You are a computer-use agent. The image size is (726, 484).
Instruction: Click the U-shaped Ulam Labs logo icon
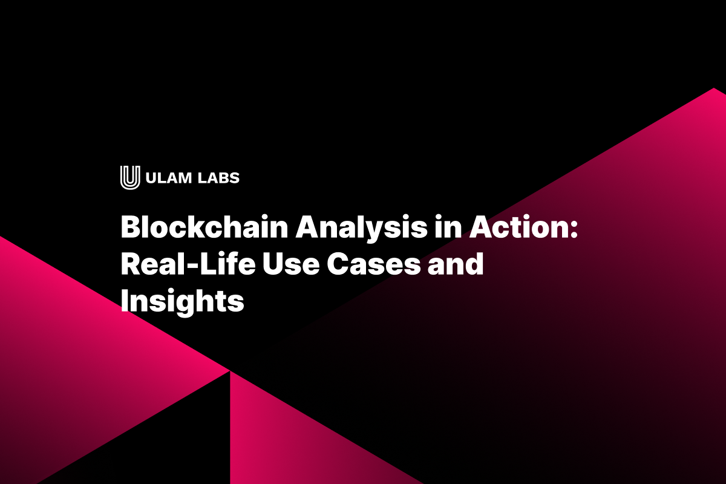coord(129,177)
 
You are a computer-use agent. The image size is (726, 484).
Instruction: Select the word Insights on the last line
coord(182,300)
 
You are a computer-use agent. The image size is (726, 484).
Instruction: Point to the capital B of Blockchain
coord(131,229)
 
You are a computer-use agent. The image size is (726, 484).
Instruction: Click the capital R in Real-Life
coord(131,264)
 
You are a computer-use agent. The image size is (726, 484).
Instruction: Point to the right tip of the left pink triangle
coord(228,370)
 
